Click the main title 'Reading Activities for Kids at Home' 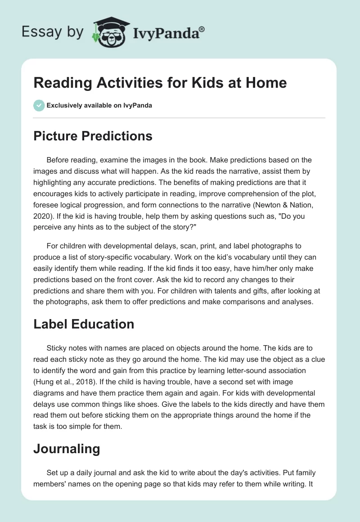click(x=160, y=83)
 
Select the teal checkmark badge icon click(x=39, y=105)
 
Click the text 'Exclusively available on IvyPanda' click(x=99, y=106)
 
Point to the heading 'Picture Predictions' click(x=93, y=136)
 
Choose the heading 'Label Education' click(x=84, y=324)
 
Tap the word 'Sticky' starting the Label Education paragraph click(x=57, y=348)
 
